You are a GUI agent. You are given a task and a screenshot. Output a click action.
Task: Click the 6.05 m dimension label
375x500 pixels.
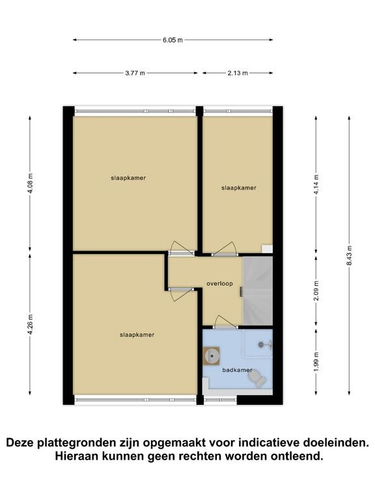point(173,40)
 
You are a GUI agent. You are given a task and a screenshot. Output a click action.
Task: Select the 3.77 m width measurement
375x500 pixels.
point(135,73)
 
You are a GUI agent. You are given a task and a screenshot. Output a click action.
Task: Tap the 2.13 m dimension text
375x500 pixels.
point(238,73)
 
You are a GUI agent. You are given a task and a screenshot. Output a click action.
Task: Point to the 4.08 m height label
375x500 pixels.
point(30,184)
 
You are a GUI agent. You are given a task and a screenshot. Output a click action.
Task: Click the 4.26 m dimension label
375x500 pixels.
point(30,325)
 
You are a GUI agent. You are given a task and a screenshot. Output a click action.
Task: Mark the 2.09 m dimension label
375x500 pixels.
point(316,290)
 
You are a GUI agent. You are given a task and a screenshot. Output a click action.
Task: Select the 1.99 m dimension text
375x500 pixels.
point(316,361)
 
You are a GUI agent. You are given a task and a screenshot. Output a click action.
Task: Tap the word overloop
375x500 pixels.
point(219,283)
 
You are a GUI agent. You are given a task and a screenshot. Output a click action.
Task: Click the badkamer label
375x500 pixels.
point(237,370)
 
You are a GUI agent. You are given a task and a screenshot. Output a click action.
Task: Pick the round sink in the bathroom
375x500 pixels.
point(212,355)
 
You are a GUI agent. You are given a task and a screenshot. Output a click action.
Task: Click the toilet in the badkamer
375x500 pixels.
point(257,380)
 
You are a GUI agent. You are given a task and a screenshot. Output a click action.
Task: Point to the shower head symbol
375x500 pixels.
point(266,344)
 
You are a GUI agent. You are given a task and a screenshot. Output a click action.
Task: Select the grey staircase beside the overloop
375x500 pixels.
point(258,291)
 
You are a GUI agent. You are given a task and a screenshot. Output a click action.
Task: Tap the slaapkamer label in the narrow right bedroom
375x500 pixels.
point(239,188)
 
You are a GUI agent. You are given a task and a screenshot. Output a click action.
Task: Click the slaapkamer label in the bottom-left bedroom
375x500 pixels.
point(137,335)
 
